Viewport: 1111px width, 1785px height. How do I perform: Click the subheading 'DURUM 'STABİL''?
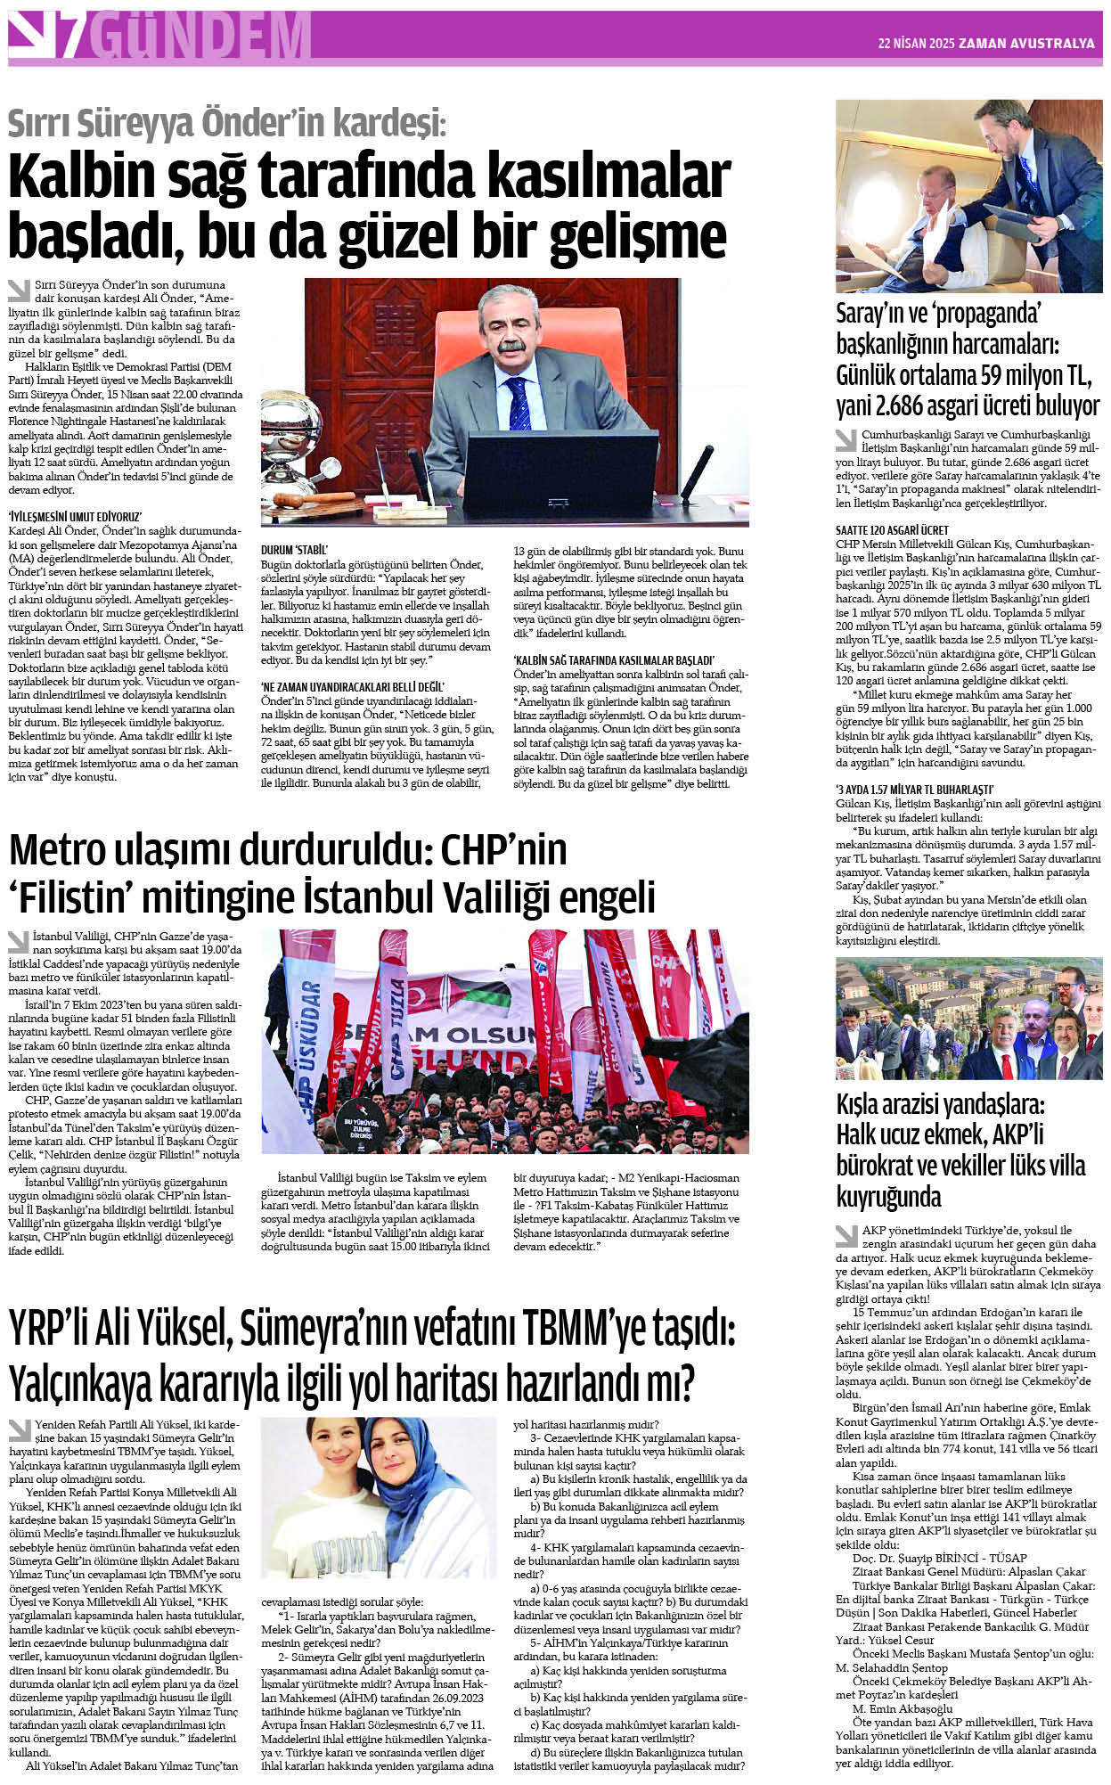pos(294,550)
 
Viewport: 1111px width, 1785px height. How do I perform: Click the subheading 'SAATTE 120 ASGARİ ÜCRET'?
pos(892,530)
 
